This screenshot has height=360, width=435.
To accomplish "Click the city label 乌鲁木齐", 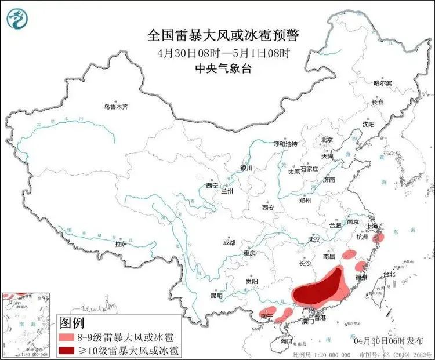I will (115, 107).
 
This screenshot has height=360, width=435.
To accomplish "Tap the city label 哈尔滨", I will (382, 83).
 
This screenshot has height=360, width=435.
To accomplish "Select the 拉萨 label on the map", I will (121, 244).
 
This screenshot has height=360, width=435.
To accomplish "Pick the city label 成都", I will (229, 242).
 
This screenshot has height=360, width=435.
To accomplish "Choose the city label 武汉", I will (314, 239).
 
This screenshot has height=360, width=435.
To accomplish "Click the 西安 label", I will (267, 207).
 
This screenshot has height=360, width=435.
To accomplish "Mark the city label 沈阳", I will (368, 124).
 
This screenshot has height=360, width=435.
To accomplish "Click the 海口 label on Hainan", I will (286, 341).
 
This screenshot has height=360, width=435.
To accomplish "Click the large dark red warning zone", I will (317, 288).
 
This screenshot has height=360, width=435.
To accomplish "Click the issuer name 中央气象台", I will (223, 68).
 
